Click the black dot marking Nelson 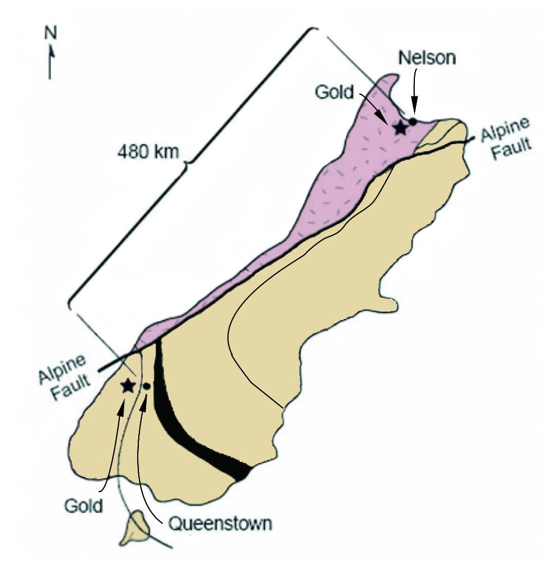[x=413, y=121]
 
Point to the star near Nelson [x=400, y=128]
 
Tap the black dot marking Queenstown [x=146, y=386]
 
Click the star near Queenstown [x=128, y=385]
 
